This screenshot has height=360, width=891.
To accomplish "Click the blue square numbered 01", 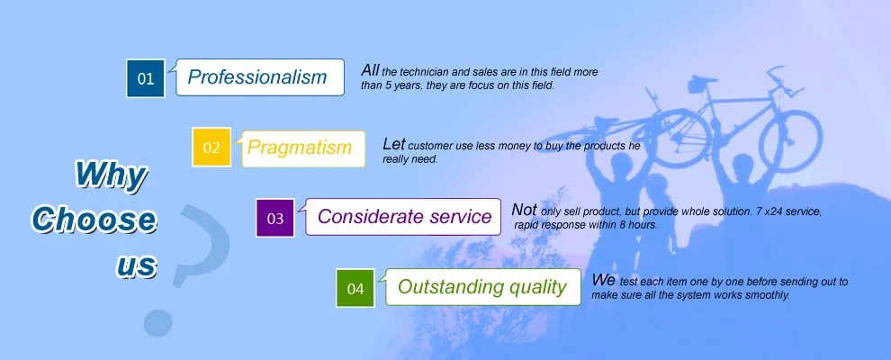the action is click(146, 78).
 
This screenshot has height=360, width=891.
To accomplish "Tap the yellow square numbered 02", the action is click(211, 147).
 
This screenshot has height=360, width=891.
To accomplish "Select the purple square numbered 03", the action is click(275, 218).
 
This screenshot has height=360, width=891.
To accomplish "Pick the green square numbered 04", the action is click(355, 288).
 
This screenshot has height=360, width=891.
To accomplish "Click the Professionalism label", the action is click(256, 77).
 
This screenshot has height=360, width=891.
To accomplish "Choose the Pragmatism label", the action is click(300, 148).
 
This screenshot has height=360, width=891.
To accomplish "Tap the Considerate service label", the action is click(404, 216).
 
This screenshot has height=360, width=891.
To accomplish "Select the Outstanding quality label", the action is click(481, 287).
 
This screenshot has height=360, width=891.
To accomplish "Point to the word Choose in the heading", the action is click(94, 220).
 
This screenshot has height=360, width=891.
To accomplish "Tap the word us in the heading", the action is click(137, 265).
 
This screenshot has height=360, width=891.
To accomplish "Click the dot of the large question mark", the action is click(158, 322).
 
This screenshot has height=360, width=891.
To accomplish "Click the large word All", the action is click(370, 70).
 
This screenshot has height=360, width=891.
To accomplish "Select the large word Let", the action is click(394, 144).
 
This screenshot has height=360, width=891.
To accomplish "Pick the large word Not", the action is click(524, 210).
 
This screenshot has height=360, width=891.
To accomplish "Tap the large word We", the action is click(604, 280).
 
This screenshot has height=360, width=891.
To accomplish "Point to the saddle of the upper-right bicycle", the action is click(701, 81).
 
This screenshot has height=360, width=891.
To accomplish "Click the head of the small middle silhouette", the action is click(658, 184).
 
